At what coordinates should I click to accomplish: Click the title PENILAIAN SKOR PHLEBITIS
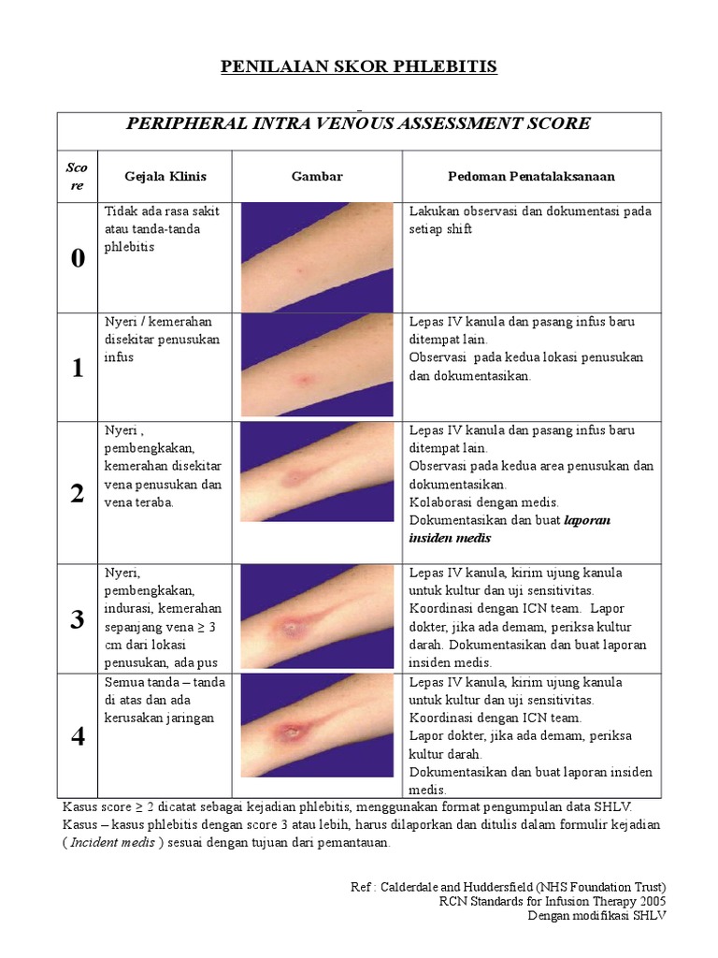358,66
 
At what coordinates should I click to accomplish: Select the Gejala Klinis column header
165,176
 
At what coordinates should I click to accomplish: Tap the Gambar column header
317,176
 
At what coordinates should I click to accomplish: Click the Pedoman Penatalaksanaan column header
531,176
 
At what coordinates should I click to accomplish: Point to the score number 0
77,259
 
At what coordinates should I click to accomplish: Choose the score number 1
77,368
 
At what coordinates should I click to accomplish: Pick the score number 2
77,494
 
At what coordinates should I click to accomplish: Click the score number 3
77,618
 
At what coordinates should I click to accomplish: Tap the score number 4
77,736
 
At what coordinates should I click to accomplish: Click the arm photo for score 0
317,257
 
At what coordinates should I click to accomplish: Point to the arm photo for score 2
317,472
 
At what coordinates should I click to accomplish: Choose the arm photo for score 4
317,725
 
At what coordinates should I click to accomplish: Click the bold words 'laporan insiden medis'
510,530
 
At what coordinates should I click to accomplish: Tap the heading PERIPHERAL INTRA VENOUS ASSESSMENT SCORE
358,123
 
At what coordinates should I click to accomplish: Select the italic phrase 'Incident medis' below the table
115,842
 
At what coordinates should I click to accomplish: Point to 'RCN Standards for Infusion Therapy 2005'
553,901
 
